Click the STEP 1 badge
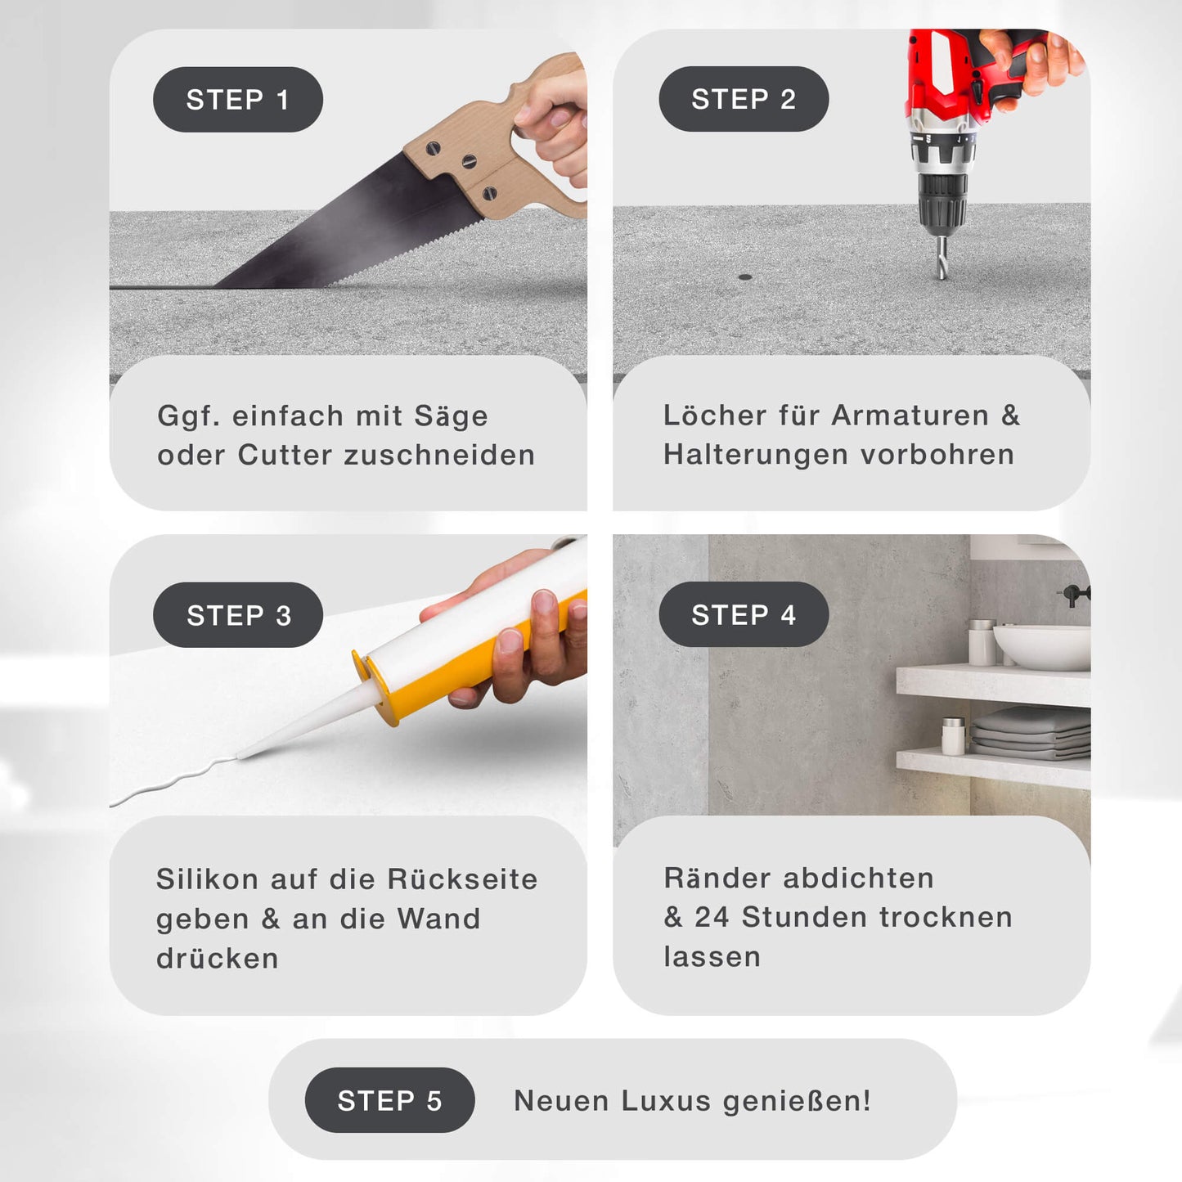pyautogui.click(x=238, y=99)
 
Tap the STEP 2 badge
pyautogui.click(x=744, y=99)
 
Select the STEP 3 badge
pyautogui.click(x=238, y=614)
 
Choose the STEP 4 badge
pyautogui.click(x=744, y=614)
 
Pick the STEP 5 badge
pyautogui.click(x=389, y=1100)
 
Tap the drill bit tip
pyautogui.click(x=943, y=275)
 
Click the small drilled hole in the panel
pyautogui.click(x=745, y=277)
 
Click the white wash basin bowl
pyautogui.click(x=1041, y=647)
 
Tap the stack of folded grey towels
pyautogui.click(x=1031, y=733)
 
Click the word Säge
pyautogui.click(x=451, y=416)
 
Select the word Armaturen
pyautogui.click(x=910, y=416)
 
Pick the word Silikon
pyautogui.click(x=207, y=879)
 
